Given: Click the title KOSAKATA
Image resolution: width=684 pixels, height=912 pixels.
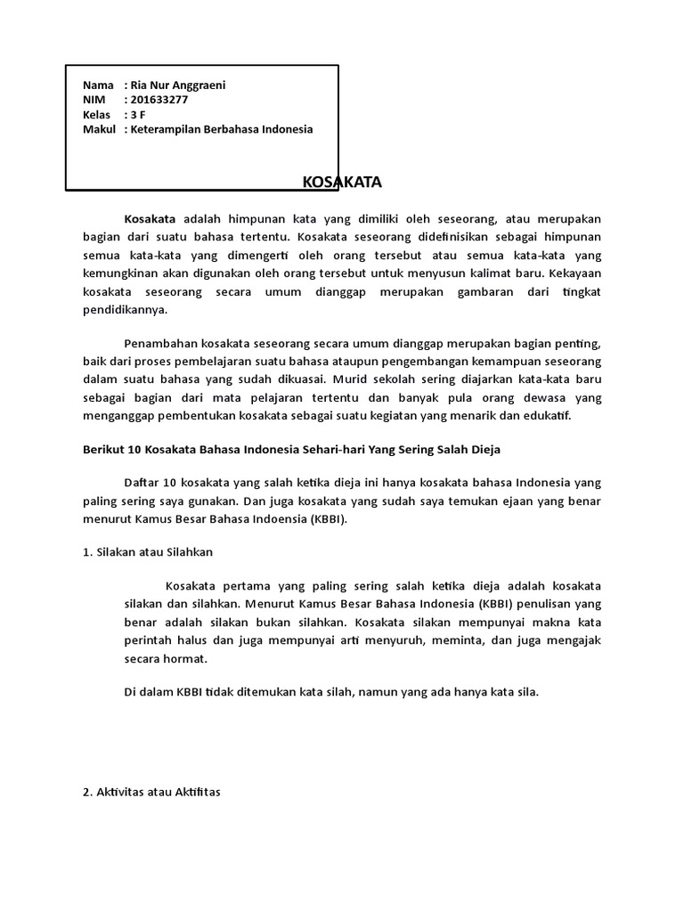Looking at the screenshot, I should [x=342, y=183].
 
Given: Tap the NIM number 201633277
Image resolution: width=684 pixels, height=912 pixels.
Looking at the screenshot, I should [x=159, y=100].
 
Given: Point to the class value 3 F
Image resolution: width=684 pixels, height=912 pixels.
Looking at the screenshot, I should [x=139, y=115].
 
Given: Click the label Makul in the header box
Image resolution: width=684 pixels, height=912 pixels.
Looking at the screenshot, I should [x=98, y=130].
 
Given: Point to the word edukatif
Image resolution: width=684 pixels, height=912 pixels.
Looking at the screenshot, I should [x=552, y=416].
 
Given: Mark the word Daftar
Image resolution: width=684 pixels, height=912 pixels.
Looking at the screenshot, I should [x=142, y=482].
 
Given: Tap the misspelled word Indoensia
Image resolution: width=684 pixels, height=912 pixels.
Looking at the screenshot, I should [x=264, y=518].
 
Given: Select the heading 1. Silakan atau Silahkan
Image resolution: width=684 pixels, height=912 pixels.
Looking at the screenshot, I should [x=142, y=552].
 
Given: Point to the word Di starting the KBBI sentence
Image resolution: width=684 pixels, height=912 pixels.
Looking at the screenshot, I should [x=131, y=691].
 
